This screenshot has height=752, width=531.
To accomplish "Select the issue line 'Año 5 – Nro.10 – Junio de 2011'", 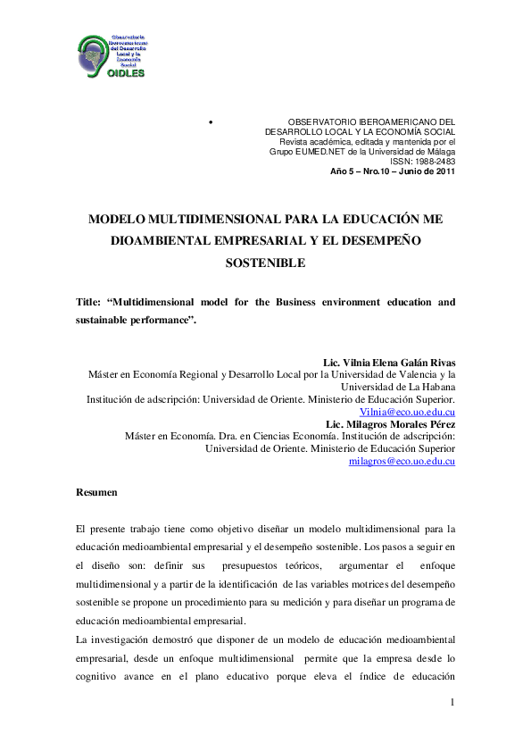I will pyautogui.click(x=393, y=171).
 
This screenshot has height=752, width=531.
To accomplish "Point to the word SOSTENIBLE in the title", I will pyautogui.click(x=265, y=263).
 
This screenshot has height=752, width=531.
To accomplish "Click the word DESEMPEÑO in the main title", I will pyautogui.click(x=379, y=240).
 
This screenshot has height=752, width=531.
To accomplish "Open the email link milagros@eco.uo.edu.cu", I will pyautogui.click(x=402, y=462).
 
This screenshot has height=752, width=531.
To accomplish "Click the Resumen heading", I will pyautogui.click(x=95, y=492).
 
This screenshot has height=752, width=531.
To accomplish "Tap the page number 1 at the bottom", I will pyautogui.click(x=452, y=704).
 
